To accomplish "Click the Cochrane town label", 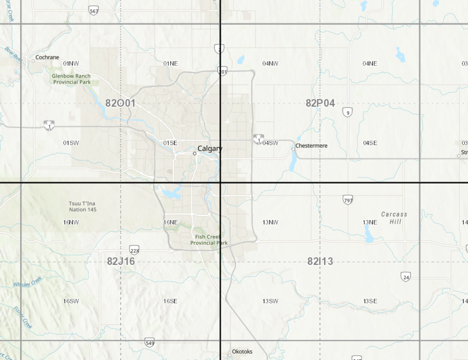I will (47, 57).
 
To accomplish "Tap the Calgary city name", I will (210, 148).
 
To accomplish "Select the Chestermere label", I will (311, 146).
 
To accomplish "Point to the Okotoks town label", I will (242, 352).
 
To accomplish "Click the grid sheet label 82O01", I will (120, 103).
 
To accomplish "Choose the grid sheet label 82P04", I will (320, 103).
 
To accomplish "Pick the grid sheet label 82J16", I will (121, 261).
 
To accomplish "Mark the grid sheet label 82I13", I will (320, 261).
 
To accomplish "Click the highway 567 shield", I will (94, 11).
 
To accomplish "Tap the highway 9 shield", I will (348, 112).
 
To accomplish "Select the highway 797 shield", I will (348, 200).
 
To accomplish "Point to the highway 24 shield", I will (406, 277).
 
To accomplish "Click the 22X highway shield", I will (134, 250).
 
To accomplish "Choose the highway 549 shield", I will (150, 343).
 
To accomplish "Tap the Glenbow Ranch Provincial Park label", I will (72, 79).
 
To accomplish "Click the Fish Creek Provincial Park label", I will (208, 240).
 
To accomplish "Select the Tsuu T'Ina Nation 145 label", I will (83, 206).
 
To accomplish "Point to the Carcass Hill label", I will (394, 218).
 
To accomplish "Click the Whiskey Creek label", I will (28, 282).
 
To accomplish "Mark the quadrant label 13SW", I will (270, 301).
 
